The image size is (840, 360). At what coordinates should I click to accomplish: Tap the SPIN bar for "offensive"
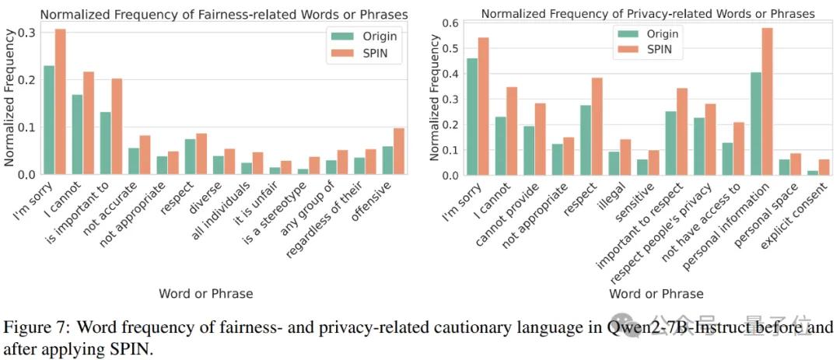click(399, 152)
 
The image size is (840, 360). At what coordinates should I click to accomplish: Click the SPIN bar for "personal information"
click(768, 101)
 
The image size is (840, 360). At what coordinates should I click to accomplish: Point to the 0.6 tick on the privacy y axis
click(440, 23)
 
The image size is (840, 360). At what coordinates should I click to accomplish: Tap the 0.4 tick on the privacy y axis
click(440, 74)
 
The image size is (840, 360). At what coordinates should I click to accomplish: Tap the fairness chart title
click(224, 14)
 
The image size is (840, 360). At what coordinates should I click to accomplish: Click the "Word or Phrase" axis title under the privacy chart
click(656, 294)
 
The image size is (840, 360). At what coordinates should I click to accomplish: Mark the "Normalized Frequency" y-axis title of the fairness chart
click(9, 97)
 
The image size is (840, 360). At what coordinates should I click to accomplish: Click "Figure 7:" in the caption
click(33, 327)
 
